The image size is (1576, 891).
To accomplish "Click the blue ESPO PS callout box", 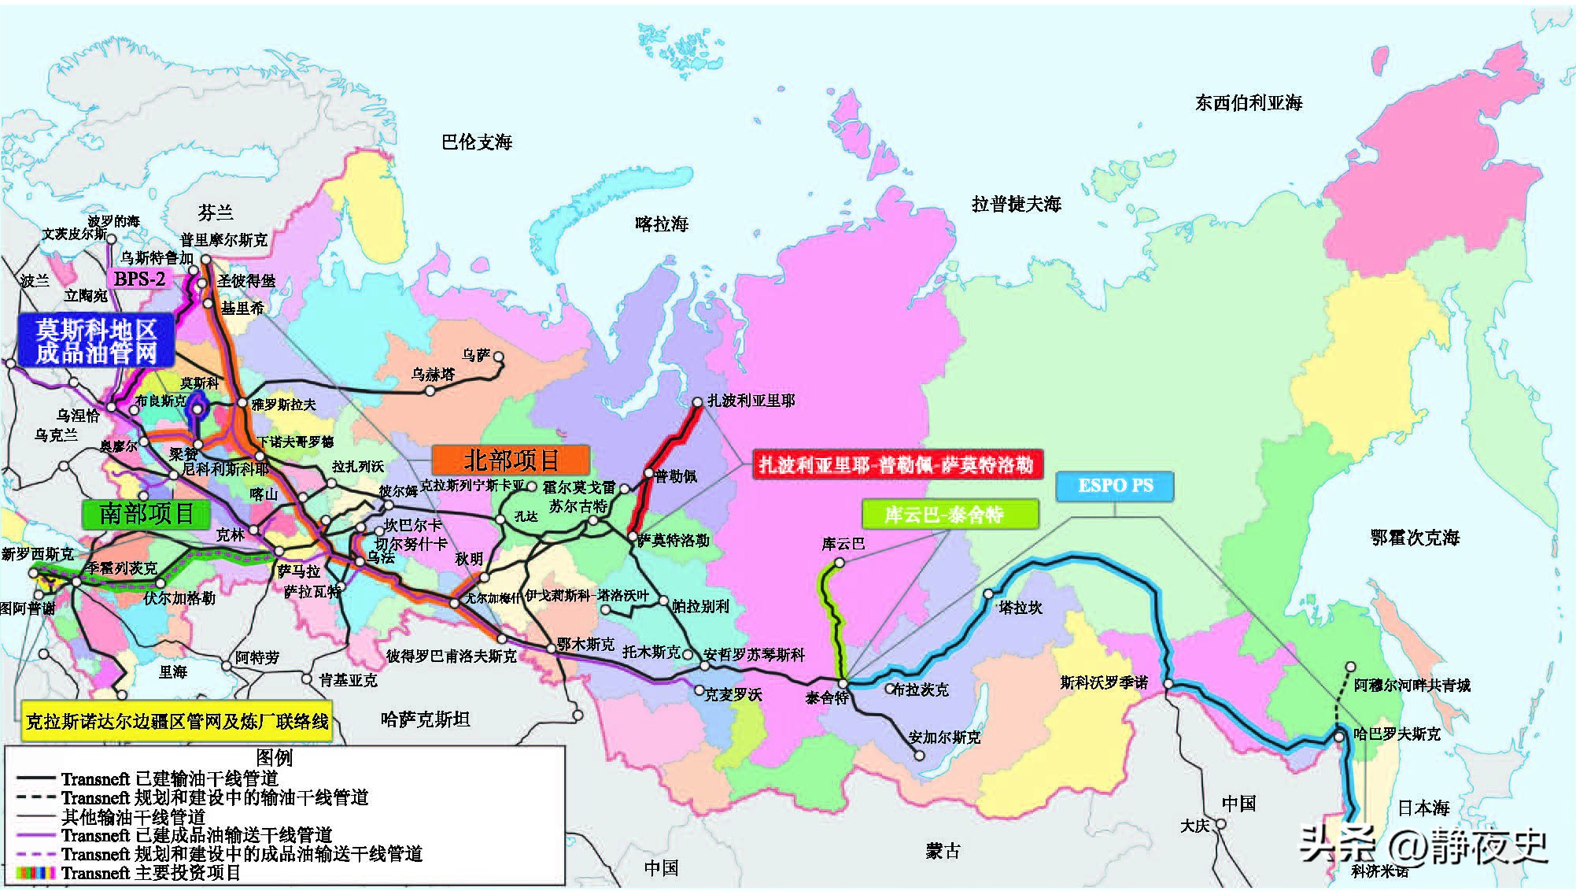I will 1114,486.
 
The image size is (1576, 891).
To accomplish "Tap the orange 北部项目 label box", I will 511,460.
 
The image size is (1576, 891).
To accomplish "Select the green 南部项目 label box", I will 146,514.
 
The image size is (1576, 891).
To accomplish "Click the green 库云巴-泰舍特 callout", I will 950,515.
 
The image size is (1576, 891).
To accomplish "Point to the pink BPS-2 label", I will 139,279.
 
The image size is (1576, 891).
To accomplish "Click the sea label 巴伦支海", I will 477,142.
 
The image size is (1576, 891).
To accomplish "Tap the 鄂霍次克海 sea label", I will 1415,538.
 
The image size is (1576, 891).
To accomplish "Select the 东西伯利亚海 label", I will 1249,103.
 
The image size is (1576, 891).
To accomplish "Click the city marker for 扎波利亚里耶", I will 697,402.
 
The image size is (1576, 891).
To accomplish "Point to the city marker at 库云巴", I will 840,562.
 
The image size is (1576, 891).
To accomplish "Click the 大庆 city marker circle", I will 1220,824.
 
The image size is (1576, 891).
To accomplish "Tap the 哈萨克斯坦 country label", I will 425,719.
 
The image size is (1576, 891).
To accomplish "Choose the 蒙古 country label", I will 943,851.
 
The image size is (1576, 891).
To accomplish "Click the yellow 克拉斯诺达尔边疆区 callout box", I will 177,721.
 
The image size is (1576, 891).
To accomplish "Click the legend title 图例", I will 274,757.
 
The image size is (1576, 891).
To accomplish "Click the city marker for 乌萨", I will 498,357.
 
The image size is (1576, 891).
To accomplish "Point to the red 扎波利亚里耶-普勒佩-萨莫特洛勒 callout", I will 896,464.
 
